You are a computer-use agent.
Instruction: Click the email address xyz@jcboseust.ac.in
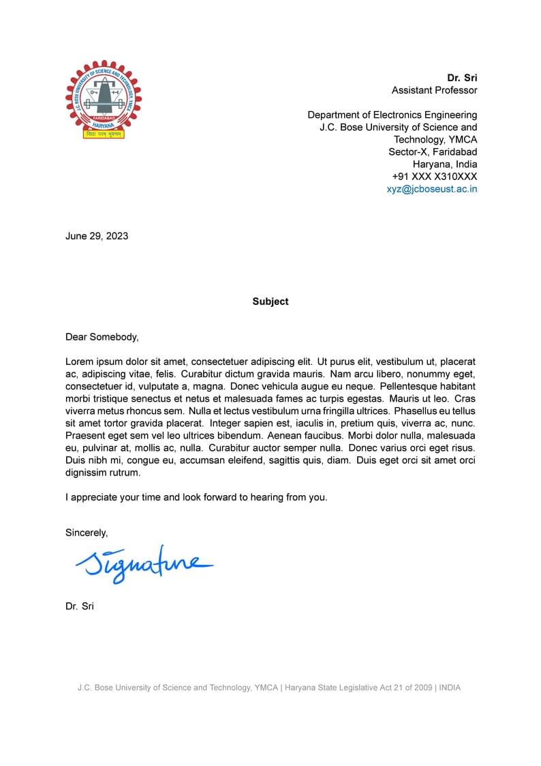click(x=432, y=189)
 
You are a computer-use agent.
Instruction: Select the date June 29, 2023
click(x=97, y=236)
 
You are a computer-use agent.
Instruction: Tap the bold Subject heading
click(x=270, y=301)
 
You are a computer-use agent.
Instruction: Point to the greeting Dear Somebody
click(x=102, y=336)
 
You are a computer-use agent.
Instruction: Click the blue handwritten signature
click(x=144, y=565)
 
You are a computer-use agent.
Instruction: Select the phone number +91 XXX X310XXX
click(x=435, y=177)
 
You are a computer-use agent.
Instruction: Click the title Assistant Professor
click(x=434, y=90)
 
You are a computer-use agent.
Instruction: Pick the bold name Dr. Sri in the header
click(x=462, y=78)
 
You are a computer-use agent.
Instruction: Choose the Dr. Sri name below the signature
click(x=80, y=606)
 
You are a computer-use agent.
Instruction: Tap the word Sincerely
click(x=87, y=533)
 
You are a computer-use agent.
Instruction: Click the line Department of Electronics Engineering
click(x=392, y=115)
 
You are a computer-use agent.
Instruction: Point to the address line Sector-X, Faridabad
click(x=433, y=151)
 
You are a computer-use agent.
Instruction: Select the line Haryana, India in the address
click(x=445, y=164)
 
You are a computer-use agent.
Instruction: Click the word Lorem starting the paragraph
click(x=79, y=362)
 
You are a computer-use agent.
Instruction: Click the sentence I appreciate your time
click(x=196, y=497)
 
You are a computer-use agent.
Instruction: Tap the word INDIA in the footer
click(x=450, y=688)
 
